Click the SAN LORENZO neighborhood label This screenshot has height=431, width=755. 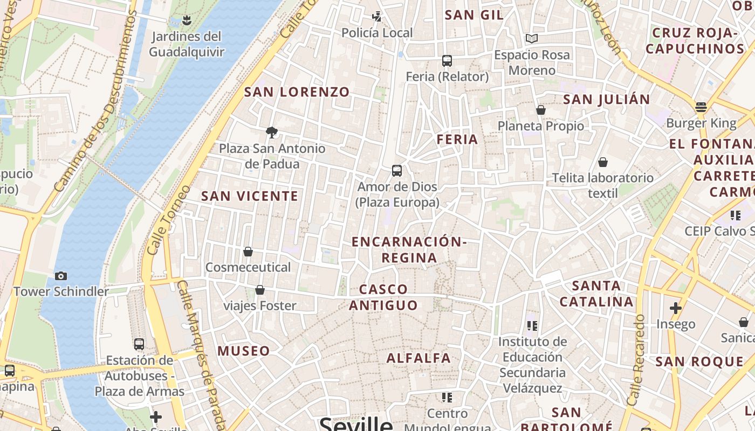tap(297, 92)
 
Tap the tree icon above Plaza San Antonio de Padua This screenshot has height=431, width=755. tap(272, 132)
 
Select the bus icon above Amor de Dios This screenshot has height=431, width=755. tap(397, 171)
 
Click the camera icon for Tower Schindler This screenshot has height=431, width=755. tap(61, 276)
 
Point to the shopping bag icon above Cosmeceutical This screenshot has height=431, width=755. tap(248, 252)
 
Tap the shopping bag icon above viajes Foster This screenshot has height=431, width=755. tap(260, 290)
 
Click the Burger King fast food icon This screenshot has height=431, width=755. tap(701, 107)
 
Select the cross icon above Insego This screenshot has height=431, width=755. tap(675, 308)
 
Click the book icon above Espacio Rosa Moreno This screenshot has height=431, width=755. tap(532, 39)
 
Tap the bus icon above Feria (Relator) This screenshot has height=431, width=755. tap(447, 61)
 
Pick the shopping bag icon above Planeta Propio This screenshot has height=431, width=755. tap(541, 110)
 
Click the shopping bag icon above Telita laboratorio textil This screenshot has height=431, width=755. tap(603, 162)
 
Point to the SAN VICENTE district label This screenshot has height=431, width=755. tap(250, 196)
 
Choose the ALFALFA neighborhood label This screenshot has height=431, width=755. tap(418, 358)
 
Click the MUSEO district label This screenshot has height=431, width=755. tap(244, 351)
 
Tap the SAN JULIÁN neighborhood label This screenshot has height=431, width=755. tap(607, 100)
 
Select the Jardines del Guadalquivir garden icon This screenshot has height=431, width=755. tap(187, 20)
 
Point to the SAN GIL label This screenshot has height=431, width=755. tap(475, 15)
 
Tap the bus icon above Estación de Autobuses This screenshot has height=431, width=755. tap(139, 344)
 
